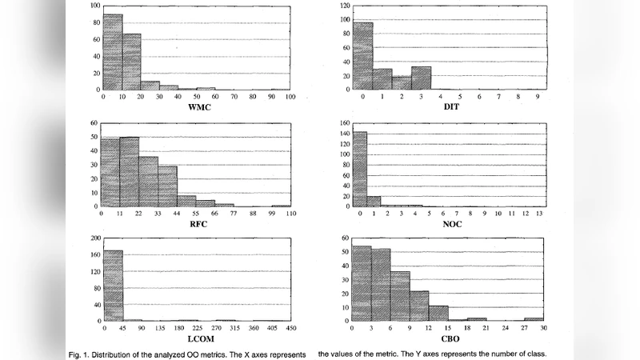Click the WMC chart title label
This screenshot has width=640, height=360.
pyautogui.click(x=198, y=107)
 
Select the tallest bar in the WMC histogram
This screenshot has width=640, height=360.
pyautogui.click(x=113, y=52)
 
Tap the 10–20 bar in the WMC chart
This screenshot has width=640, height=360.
pyautogui.click(x=131, y=62)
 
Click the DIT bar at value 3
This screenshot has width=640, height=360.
pyautogui.click(x=422, y=78)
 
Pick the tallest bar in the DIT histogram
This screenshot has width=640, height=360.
pyautogui.click(x=363, y=56)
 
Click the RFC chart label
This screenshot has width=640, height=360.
pyautogui.click(x=198, y=224)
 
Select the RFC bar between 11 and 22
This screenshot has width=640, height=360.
pyautogui.click(x=130, y=172)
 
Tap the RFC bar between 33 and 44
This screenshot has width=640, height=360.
pyautogui.click(x=167, y=186)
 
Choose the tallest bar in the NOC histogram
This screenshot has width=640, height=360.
pyautogui.click(x=359, y=169)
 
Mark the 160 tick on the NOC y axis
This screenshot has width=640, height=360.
pyautogui.click(x=343, y=123)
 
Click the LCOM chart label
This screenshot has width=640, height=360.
pyautogui.click(x=198, y=339)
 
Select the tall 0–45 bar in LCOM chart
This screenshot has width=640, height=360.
pyautogui.click(x=113, y=286)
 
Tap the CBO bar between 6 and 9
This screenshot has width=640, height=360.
pyautogui.click(x=400, y=296)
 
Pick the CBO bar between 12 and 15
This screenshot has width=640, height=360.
pyautogui.click(x=438, y=313)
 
